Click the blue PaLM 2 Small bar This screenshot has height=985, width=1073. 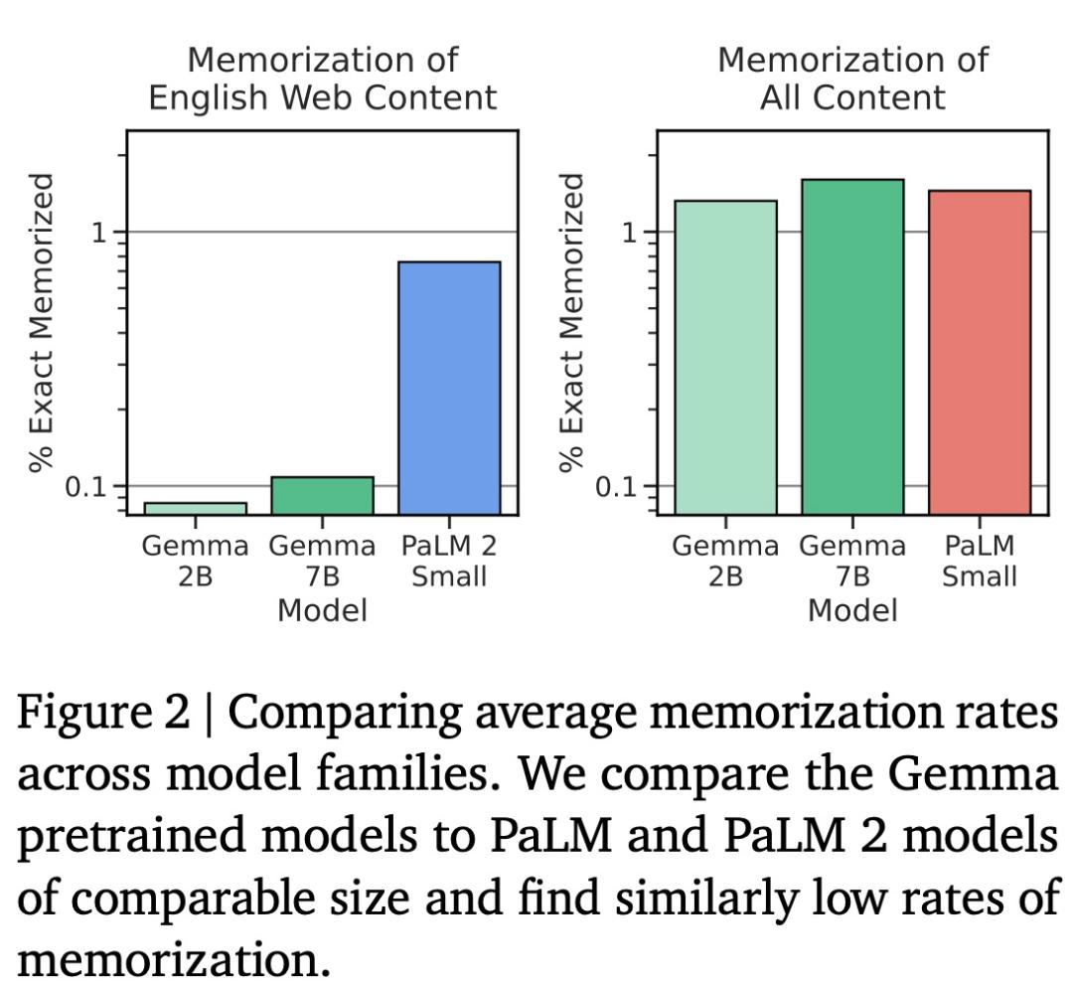click(x=449, y=388)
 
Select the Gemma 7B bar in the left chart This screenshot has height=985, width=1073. click(x=322, y=496)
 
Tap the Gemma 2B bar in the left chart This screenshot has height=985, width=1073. click(x=195, y=508)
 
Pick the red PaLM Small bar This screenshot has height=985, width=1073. click(x=980, y=352)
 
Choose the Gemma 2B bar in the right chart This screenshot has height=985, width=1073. click(x=725, y=357)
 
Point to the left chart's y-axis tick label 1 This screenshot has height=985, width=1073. click(x=98, y=233)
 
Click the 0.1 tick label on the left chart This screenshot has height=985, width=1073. click(x=85, y=487)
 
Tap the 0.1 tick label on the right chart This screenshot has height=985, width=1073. click(x=616, y=487)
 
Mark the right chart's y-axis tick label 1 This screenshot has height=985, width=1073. click(x=629, y=233)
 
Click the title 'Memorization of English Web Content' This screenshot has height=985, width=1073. click(x=322, y=79)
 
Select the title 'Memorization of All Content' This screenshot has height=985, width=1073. click(x=852, y=79)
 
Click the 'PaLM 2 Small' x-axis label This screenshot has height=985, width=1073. click(x=449, y=561)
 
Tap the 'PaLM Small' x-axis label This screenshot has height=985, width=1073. click(x=980, y=561)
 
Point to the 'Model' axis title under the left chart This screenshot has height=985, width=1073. click(x=322, y=609)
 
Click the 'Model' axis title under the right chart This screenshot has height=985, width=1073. click(x=852, y=609)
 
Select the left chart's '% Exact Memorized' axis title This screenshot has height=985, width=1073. click(x=41, y=323)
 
